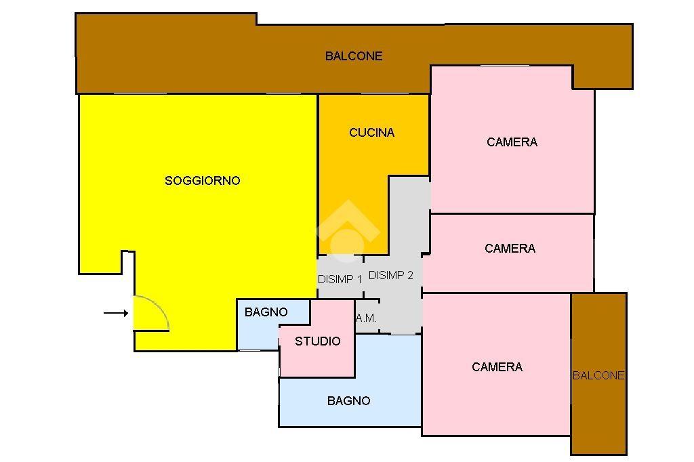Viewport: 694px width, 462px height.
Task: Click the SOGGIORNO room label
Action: (202, 181)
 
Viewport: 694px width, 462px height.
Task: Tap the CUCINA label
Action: (372, 132)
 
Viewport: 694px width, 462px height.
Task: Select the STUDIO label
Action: (318, 341)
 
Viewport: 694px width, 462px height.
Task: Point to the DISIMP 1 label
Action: (340, 279)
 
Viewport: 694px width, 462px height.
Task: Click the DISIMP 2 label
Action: (391, 275)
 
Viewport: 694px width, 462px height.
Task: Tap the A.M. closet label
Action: (366, 318)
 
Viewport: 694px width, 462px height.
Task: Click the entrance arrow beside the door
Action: (116, 314)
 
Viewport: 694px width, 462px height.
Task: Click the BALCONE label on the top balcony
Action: (354, 56)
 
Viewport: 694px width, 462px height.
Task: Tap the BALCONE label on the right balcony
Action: (598, 375)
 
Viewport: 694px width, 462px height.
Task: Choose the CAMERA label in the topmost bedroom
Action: (512, 142)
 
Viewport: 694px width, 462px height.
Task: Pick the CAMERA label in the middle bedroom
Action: (510, 248)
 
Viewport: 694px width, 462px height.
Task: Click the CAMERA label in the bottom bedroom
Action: (497, 367)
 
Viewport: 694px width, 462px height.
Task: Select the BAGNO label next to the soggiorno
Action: (266, 312)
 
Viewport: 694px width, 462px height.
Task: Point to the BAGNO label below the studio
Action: (349, 401)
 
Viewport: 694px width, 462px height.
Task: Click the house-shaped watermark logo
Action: (348, 230)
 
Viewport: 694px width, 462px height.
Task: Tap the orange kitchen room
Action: (354, 177)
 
